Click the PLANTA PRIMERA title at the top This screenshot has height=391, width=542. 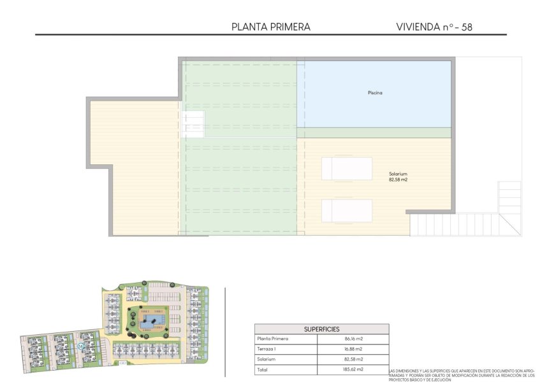tap(271, 27)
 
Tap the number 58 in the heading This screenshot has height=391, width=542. tap(467, 27)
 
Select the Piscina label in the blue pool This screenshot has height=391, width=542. tap(375, 93)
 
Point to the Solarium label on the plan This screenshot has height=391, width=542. tap(398, 174)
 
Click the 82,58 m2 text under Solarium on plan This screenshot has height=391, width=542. tap(398, 180)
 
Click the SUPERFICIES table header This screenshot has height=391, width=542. tap(321, 329)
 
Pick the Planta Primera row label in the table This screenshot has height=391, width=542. tap(272, 339)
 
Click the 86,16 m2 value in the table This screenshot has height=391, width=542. tap(353, 339)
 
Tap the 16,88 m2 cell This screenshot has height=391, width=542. tap(353, 349)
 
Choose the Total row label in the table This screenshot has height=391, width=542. tap(263, 369)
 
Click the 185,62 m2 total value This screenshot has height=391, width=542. tap(353, 369)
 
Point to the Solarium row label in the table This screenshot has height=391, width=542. tap(268, 359)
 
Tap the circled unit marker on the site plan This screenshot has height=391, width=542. tap(81, 346)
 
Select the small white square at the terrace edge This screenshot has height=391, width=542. tap(193, 124)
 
